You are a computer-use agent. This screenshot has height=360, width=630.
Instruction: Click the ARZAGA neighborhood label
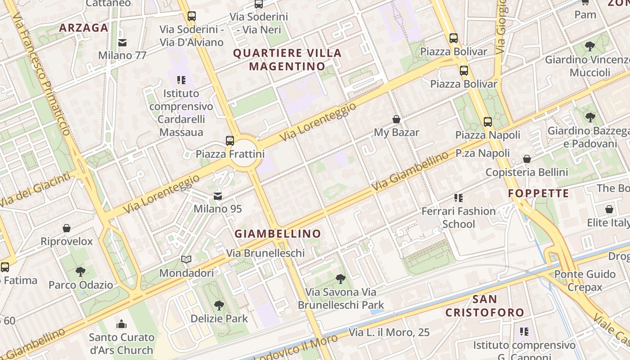[84, 28]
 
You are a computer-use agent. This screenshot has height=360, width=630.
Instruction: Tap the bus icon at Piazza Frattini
[230, 140]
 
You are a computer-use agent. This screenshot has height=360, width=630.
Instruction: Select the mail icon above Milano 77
[122, 43]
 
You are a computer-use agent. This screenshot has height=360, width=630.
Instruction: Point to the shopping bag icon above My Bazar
[396, 119]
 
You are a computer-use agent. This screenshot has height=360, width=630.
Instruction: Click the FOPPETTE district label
[539, 193]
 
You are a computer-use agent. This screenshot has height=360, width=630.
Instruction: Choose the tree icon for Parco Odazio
[81, 272]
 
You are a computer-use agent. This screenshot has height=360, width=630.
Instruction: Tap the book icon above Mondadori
[186, 260]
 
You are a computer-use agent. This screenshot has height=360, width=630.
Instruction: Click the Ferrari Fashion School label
[459, 217]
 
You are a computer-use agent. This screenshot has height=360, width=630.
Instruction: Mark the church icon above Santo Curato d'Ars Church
[121, 324]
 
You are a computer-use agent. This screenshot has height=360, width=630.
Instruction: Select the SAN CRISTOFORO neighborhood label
[485, 306]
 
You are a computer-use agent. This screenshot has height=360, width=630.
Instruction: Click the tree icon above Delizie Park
[219, 306]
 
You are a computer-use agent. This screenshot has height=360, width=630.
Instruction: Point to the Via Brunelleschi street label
[265, 253]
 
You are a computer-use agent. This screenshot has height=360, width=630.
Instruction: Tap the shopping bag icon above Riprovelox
[67, 228]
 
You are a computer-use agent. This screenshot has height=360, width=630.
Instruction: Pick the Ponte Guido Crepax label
[585, 280]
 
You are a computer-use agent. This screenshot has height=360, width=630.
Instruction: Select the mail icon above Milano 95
[218, 196]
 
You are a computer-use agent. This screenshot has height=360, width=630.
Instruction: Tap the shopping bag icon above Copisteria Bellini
[527, 159]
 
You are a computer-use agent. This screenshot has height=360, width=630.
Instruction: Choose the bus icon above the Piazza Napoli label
[488, 121]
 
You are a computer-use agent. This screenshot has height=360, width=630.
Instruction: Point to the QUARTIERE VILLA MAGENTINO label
[287, 59]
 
